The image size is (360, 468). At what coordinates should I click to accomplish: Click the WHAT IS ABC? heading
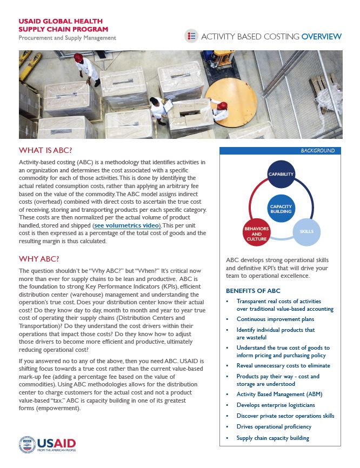(x=46, y=150)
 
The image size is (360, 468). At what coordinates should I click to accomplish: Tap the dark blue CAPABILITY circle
(x=281, y=175)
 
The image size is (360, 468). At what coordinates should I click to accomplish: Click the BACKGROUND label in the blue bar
(x=317, y=151)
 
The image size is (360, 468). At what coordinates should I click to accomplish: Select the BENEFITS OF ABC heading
(x=253, y=291)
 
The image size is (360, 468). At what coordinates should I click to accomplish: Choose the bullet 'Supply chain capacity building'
(x=272, y=438)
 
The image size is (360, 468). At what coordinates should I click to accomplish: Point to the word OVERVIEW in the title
(x=321, y=37)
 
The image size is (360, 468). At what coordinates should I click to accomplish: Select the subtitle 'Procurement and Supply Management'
(x=68, y=38)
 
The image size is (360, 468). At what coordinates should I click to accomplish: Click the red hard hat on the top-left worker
(x=78, y=57)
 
